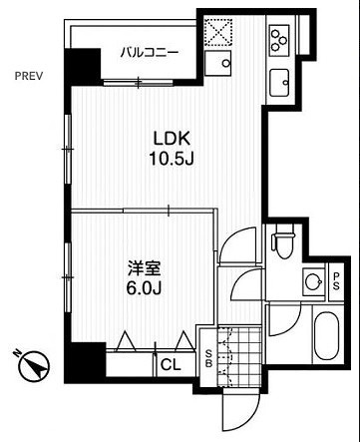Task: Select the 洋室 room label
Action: coord(144,268)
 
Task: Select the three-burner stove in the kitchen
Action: coord(278,39)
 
